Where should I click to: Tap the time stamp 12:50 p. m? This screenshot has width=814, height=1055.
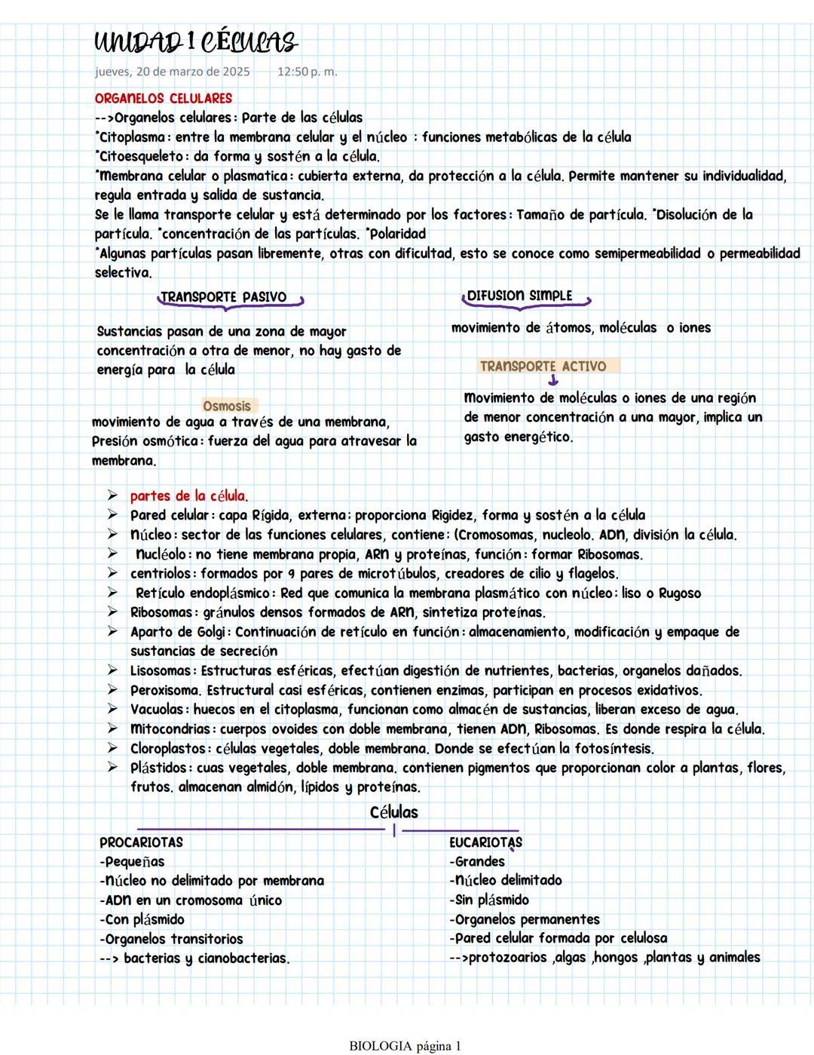(x=307, y=72)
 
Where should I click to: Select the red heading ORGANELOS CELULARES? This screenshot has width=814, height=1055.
(x=163, y=98)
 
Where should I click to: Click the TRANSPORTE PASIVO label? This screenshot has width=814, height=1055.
(x=223, y=297)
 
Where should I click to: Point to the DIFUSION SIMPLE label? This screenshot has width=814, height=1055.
(x=519, y=296)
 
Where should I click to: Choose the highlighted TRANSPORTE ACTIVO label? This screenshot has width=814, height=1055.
(x=543, y=366)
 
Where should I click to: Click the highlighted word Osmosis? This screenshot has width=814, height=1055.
(x=227, y=406)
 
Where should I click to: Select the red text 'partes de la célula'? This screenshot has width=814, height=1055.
(x=188, y=496)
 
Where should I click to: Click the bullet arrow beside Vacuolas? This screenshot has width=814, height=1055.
(x=112, y=710)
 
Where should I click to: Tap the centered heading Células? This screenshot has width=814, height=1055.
(x=393, y=812)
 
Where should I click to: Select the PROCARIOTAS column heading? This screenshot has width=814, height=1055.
(x=141, y=842)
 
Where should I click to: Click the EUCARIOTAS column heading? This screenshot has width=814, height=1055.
(x=485, y=842)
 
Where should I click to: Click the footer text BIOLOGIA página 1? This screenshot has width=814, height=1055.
(x=405, y=1046)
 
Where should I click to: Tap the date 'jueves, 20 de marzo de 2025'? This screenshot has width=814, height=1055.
(x=172, y=72)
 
